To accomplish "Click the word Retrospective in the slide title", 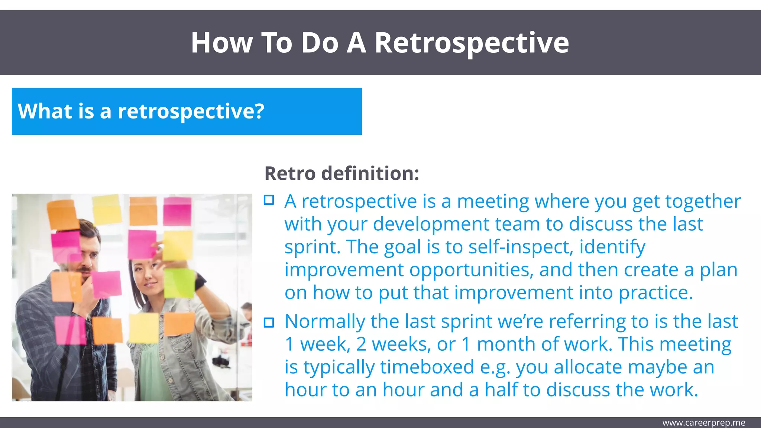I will pos(471,43).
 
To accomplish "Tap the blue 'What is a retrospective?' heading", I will pos(141,111).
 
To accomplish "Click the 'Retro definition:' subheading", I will pos(341,174).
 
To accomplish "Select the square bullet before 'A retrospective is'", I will pos(269,200).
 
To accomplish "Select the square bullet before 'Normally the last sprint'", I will pos(269,322).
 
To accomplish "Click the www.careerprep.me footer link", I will pos(703,423).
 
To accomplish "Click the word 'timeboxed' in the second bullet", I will pos(427,367).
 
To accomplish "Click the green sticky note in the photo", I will pos(179,283).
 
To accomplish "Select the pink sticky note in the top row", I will pos(177,211).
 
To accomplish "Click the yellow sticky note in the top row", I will pos(107,209).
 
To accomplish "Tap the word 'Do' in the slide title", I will pos(320,43).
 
